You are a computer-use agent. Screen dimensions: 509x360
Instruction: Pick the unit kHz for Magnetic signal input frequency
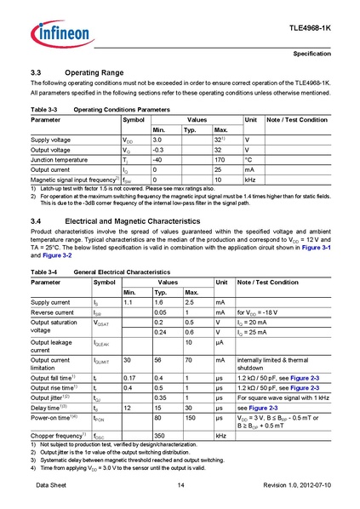[x=251, y=180]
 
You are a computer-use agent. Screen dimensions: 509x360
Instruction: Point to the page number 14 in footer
[x=180, y=484]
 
